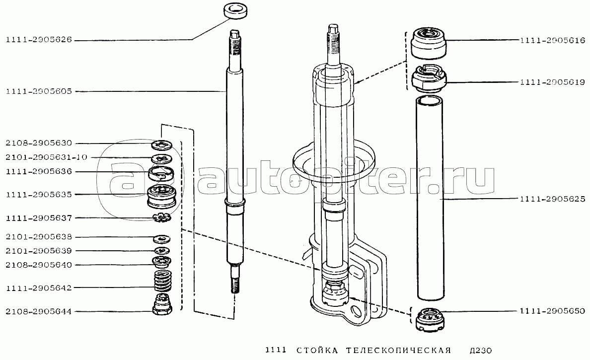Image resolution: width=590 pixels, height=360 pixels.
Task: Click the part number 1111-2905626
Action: [x=39, y=40]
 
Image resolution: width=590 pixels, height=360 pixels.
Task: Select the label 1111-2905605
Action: [x=39, y=91]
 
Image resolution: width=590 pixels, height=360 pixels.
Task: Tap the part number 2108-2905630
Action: [x=39, y=144]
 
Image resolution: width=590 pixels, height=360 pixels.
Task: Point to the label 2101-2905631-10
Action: [x=46, y=157]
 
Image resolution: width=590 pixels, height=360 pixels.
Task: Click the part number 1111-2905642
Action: [x=39, y=288]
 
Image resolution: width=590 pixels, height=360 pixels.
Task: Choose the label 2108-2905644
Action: [x=39, y=311]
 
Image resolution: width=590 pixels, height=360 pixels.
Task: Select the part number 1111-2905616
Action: [x=553, y=40]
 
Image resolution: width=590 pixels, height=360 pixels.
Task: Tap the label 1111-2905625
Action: [x=553, y=199]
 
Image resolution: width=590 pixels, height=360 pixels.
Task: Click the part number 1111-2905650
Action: [x=553, y=311]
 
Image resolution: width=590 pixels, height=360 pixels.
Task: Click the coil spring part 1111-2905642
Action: [x=162, y=281]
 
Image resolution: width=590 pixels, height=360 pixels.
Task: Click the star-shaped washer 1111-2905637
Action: [x=162, y=217]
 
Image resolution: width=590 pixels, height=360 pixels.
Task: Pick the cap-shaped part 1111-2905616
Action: [x=429, y=43]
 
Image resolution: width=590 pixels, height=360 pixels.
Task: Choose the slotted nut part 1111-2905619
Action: [x=429, y=78]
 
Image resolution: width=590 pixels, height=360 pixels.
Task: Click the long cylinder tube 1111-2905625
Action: [x=430, y=198]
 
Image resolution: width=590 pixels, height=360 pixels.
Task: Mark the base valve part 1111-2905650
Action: [x=429, y=320]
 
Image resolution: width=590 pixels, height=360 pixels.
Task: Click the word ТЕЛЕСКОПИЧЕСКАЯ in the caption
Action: [x=398, y=351]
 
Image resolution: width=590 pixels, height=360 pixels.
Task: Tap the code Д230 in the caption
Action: [x=481, y=351]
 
